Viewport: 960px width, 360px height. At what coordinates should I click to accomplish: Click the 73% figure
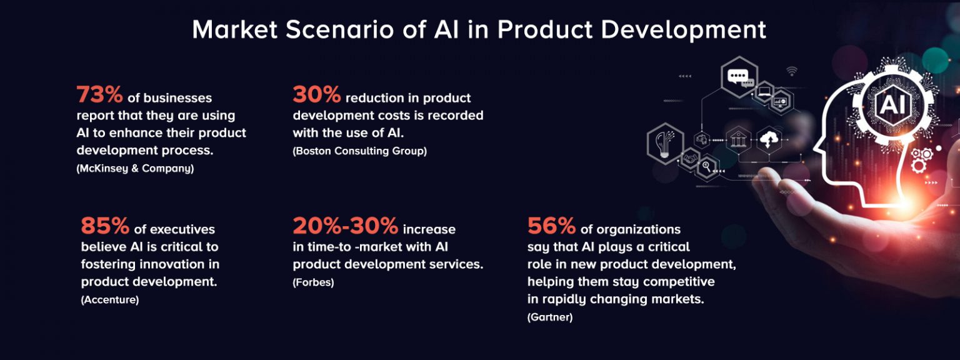point(99,95)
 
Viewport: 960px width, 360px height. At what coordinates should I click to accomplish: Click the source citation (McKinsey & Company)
point(135,168)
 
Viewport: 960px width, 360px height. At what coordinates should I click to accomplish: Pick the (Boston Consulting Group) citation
point(359,151)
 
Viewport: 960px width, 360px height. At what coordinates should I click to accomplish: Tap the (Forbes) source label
point(313,282)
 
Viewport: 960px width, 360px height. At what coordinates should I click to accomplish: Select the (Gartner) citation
point(550,317)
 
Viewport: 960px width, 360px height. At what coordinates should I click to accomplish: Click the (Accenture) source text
point(110,300)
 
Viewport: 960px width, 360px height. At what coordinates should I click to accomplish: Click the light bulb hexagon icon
point(664,143)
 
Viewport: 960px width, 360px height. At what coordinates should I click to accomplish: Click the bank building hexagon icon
point(738,139)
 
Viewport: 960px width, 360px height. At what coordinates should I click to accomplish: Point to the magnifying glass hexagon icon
point(707,167)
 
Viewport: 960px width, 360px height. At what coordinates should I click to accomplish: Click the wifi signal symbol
point(792,70)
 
